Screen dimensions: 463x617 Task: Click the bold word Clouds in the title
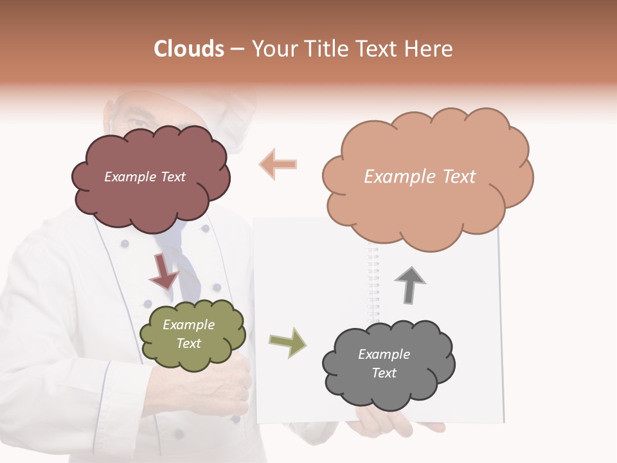pyautogui.click(x=190, y=49)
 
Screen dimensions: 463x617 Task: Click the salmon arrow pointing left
pyautogui.click(x=278, y=163)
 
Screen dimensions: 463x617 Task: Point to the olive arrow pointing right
pyautogui.click(x=287, y=342)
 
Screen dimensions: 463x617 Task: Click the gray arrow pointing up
pyautogui.click(x=410, y=286)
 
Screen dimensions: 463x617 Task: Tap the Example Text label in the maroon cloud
pyautogui.click(x=145, y=177)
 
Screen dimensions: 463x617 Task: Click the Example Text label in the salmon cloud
pyautogui.click(x=420, y=177)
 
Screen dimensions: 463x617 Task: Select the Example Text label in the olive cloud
pyautogui.click(x=188, y=334)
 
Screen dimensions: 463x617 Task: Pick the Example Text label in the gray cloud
pyautogui.click(x=384, y=363)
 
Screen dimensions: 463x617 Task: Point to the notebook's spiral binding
pyautogui.click(x=373, y=283)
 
